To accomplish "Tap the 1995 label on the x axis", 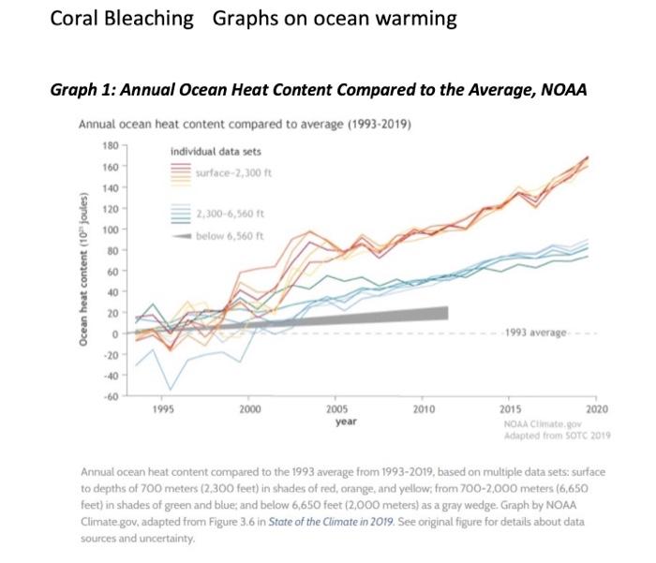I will [x=162, y=409].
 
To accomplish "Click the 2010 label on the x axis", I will [x=423, y=409].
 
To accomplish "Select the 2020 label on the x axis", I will [x=595, y=409].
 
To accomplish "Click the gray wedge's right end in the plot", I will [x=446, y=313].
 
